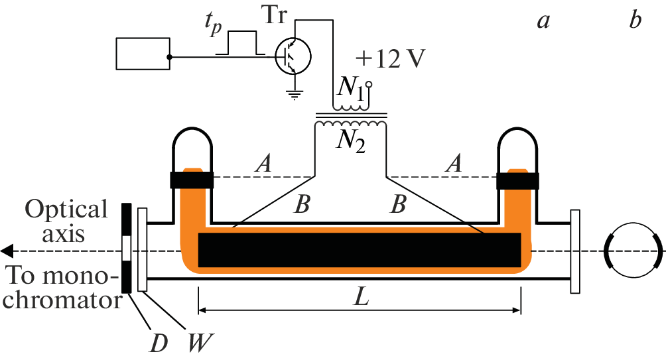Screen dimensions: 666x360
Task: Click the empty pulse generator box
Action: click(143, 54)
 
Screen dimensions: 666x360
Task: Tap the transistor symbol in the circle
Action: click(293, 56)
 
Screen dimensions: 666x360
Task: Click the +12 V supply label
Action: click(390, 58)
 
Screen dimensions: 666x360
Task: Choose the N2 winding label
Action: click(351, 141)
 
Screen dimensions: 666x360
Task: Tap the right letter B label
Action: click(399, 204)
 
